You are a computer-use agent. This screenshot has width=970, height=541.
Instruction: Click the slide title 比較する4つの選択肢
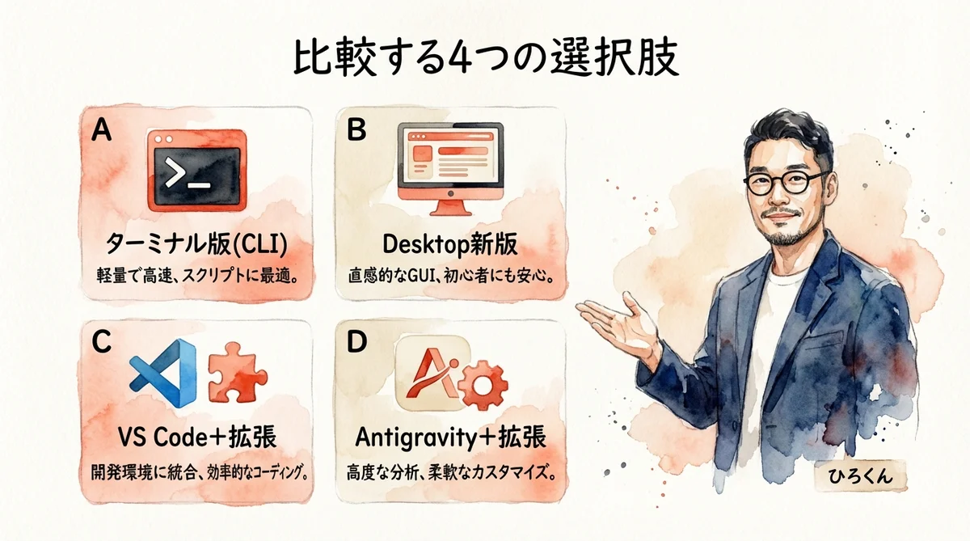click(484, 60)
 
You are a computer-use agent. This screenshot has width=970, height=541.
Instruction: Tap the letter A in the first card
click(102, 131)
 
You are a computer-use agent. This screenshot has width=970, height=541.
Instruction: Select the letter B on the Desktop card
click(357, 131)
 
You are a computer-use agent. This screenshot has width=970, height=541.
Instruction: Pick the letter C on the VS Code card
click(102, 343)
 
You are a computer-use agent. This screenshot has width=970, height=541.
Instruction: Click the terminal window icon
click(197, 171)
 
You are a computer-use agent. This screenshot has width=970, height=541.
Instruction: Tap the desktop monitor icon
click(452, 169)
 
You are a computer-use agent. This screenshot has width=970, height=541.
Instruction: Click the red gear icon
click(484, 386)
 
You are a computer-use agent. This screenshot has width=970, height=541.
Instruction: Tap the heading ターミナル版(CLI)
click(197, 243)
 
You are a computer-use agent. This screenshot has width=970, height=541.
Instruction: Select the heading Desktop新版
click(452, 243)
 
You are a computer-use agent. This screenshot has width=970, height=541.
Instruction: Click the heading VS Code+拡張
click(197, 437)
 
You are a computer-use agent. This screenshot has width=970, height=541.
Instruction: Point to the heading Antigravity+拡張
click(451, 437)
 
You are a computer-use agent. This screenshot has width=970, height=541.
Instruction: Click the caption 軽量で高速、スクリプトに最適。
click(197, 273)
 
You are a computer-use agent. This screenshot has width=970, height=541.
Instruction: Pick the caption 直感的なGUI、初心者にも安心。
click(452, 273)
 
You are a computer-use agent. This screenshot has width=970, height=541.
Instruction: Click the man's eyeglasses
click(783, 182)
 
